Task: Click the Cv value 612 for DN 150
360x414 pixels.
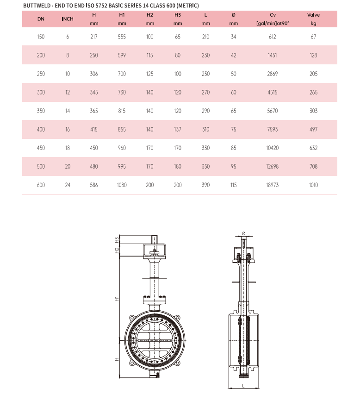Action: (x=273, y=37)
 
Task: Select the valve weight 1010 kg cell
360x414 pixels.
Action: (x=313, y=185)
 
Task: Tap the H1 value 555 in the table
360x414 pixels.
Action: (x=122, y=37)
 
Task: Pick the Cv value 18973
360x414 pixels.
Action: (x=273, y=185)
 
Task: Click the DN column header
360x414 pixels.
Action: (x=41, y=19)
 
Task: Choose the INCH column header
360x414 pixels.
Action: (x=68, y=19)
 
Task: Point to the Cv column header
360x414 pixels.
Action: (x=273, y=15)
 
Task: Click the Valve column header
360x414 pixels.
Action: (x=313, y=15)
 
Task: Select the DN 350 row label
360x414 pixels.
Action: (x=41, y=111)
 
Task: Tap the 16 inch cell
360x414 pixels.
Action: (x=68, y=130)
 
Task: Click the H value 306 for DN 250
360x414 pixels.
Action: (x=94, y=74)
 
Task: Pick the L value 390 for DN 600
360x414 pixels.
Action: (x=206, y=185)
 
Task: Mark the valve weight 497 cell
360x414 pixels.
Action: (x=313, y=130)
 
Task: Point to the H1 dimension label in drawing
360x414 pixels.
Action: (x=117, y=299)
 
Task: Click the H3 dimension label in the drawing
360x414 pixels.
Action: (x=117, y=240)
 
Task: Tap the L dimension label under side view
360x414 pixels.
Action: (x=243, y=385)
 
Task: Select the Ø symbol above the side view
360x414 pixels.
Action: (x=243, y=233)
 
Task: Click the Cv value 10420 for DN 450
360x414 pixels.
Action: (x=273, y=148)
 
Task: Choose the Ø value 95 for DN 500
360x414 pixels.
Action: (x=234, y=167)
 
